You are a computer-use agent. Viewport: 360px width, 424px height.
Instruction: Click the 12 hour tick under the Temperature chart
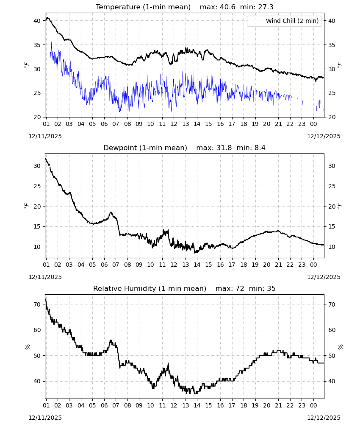click(174, 124)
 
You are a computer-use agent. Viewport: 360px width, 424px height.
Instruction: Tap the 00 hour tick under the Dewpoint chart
click(313, 265)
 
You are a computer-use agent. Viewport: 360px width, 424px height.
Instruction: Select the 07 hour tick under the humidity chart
click(116, 405)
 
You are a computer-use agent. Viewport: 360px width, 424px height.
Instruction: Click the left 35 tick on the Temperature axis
click(37, 45)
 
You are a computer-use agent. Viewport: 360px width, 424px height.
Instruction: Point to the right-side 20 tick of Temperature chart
click(332, 117)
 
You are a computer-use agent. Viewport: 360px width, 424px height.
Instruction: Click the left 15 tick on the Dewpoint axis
click(37, 226)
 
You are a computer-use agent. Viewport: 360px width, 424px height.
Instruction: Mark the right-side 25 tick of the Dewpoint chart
click(332, 186)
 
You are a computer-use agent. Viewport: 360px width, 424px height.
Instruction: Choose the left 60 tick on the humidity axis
click(37, 330)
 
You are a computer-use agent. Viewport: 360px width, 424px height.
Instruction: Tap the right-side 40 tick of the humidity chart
click(332, 381)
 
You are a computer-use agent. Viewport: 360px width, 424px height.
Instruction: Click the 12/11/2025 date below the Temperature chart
click(45, 136)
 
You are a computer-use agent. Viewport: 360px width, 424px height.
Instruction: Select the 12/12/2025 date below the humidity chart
click(324, 418)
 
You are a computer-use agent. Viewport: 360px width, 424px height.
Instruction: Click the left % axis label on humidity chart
click(27, 347)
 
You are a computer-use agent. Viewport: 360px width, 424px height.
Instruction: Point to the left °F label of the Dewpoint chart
click(26, 206)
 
